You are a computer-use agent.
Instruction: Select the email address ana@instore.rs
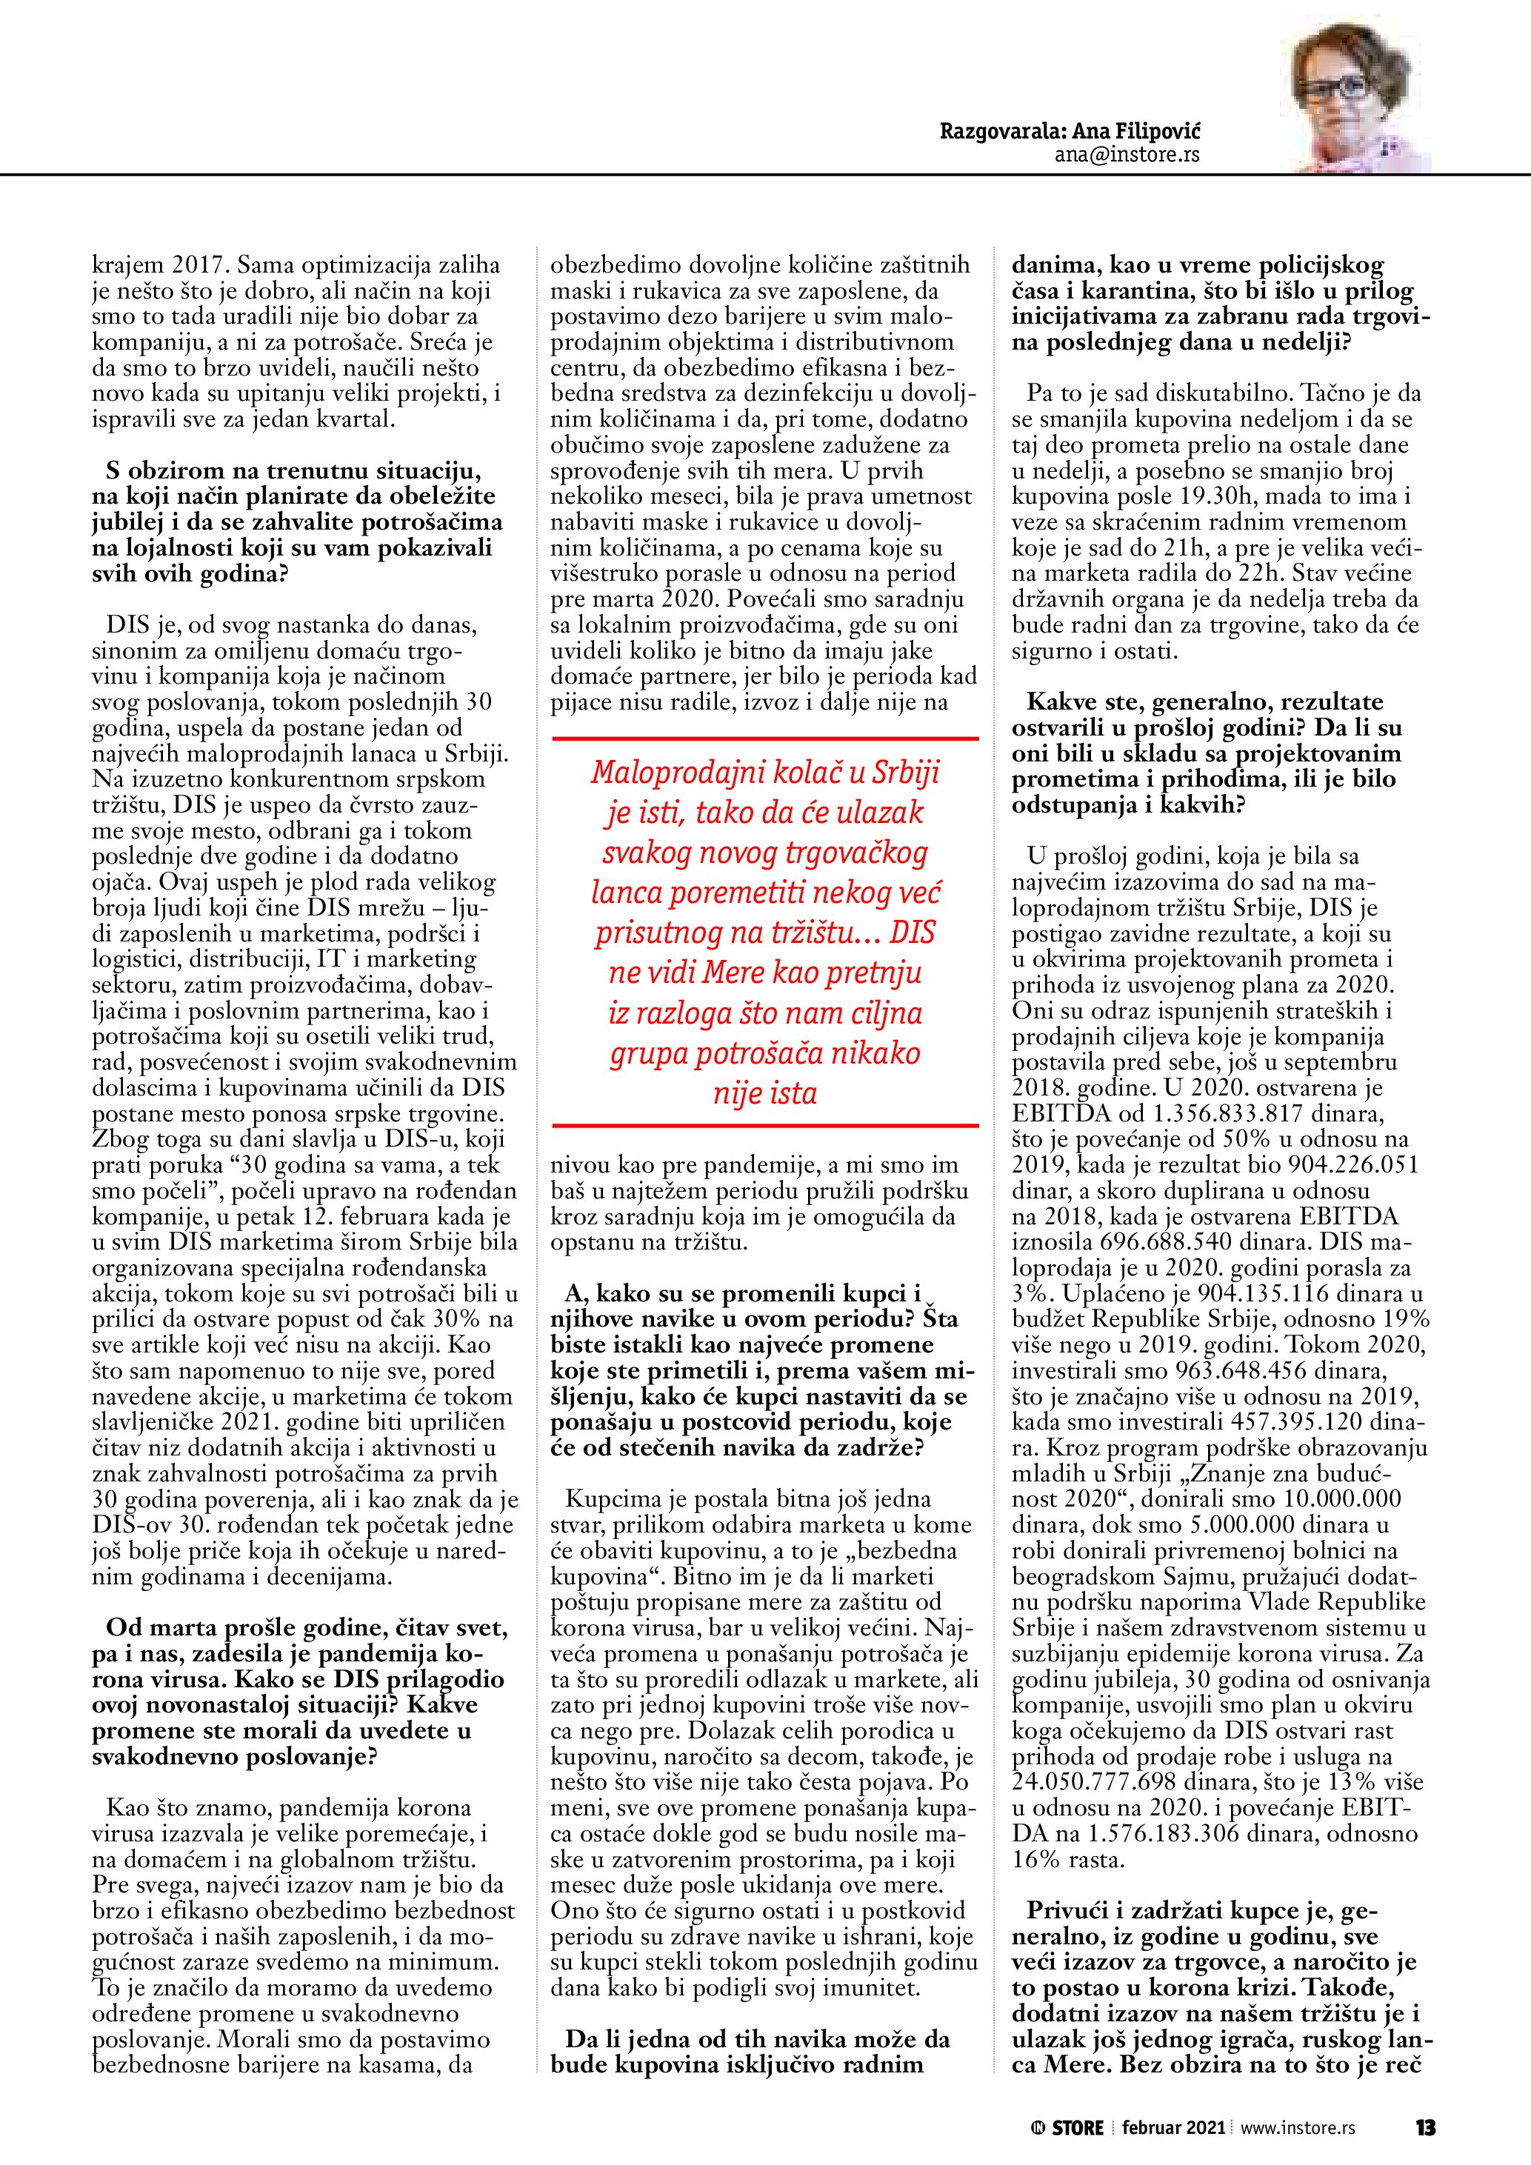tap(1127, 156)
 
